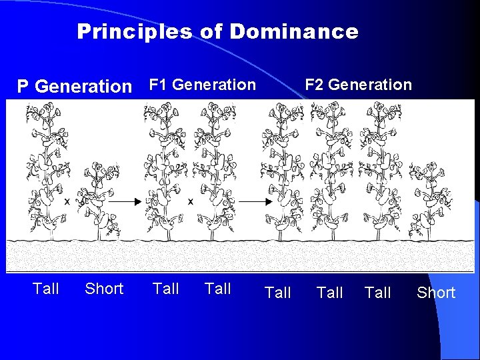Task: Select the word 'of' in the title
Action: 211,31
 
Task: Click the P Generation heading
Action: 75,86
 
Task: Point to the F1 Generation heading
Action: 202,85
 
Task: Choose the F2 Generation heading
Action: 358,85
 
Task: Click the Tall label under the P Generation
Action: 46,289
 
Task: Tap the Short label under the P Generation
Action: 104,289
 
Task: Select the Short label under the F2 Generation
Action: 436,293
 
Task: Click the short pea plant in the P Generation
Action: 98,200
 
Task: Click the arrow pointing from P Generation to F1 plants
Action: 131,200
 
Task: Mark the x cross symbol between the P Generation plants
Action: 67,199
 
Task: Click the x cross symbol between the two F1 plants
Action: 191,200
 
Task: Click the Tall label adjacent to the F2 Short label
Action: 378,293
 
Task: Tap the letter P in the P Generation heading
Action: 23,87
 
